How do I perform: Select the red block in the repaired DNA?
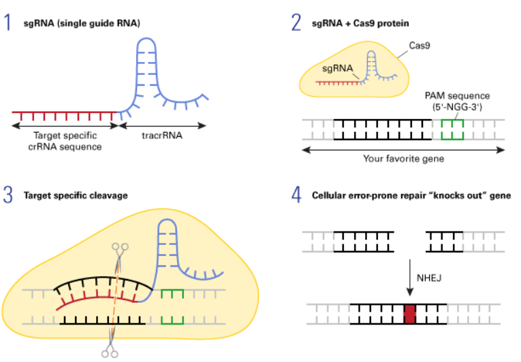409,314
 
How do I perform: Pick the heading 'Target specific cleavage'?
75,196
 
